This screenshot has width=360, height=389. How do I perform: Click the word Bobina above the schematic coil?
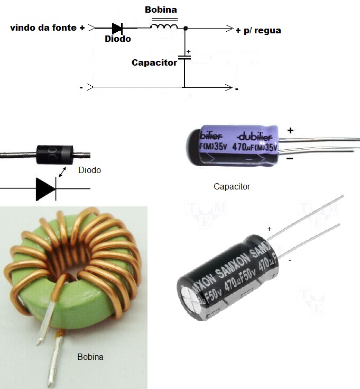tap(161, 10)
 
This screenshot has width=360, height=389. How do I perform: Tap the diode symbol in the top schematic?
tap(117, 28)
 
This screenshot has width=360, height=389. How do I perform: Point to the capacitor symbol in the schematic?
tap(184, 57)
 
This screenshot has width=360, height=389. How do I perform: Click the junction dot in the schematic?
tap(184, 29)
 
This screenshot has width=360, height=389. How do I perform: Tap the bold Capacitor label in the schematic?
tap(154, 62)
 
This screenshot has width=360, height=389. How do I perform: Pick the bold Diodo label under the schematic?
tap(117, 39)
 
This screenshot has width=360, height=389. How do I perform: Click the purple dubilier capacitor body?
tap(233, 144)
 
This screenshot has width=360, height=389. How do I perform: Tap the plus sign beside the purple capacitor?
tap(290, 130)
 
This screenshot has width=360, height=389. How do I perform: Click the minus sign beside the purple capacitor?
tap(290, 158)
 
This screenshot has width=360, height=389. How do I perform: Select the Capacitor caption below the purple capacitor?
tap(232, 186)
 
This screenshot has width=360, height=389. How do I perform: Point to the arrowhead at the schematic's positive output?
tap(229, 28)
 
